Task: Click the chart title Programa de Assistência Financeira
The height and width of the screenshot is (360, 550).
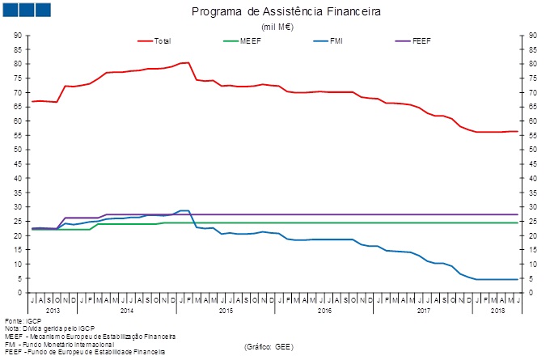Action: click(276, 13)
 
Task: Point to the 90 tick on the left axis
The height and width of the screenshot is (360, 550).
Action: click(18, 36)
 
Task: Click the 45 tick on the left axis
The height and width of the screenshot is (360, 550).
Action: click(18, 164)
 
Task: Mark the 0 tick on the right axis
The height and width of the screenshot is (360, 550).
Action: click(531, 293)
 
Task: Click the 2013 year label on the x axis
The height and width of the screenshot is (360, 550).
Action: click(53, 310)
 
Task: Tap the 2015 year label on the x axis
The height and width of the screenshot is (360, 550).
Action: click(226, 310)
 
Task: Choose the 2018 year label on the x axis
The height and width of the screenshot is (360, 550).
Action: click(497, 310)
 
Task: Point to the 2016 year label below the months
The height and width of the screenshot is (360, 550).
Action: click(324, 310)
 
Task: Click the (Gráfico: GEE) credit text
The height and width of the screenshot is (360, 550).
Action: click(269, 345)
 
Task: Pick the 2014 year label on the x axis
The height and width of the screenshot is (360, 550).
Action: click(127, 310)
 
